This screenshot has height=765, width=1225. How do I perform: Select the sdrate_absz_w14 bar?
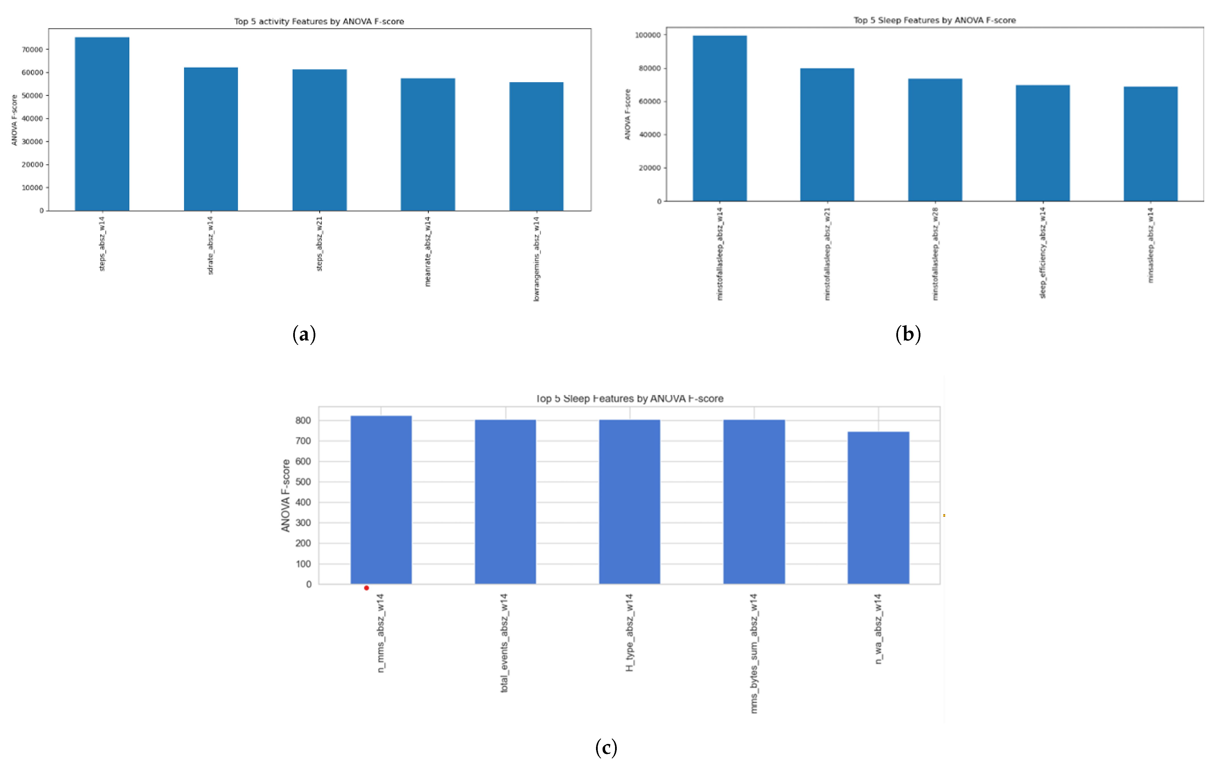pos(211,139)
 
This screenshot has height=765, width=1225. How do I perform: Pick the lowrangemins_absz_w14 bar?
pos(536,147)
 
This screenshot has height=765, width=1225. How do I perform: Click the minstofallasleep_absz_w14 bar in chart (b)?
pos(719,119)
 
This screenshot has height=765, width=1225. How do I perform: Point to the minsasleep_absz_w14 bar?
pos(1150,144)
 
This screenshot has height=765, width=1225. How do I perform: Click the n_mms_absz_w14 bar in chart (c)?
pos(381,500)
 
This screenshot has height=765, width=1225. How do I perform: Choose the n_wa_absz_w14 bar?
pos(878,508)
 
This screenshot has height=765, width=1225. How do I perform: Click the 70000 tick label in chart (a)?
pos(32,49)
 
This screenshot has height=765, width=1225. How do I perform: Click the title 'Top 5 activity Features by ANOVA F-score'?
pos(319,21)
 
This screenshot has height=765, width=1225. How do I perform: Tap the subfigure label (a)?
pos(304,334)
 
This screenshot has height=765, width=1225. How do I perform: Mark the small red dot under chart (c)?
pos(366,588)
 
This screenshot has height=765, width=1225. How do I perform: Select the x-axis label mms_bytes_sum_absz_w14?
pos(754,654)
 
